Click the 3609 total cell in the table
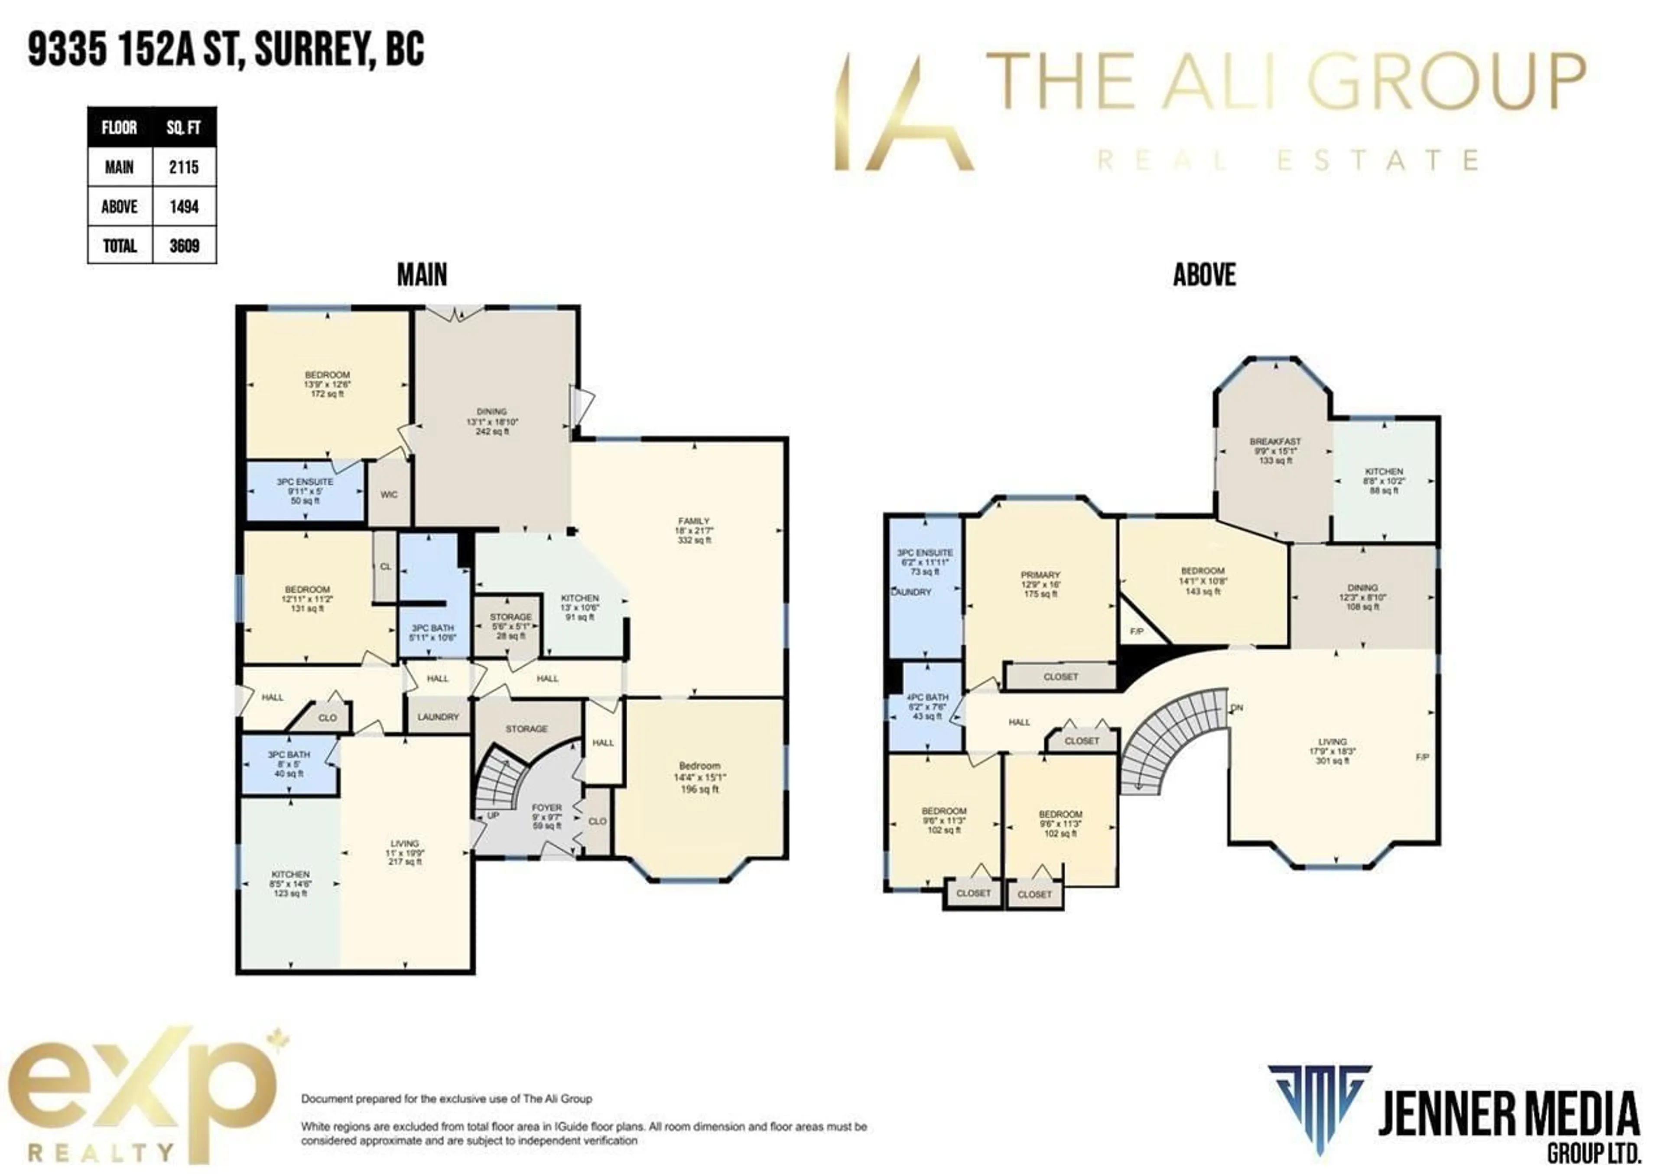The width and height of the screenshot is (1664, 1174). [x=184, y=246]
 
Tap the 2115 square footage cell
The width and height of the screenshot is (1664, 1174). [x=184, y=167]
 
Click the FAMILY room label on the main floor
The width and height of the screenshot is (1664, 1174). [x=694, y=521]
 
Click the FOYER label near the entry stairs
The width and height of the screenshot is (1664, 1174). [x=546, y=807]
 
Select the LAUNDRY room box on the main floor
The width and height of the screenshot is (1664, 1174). [x=438, y=717]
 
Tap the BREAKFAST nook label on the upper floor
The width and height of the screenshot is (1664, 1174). [x=1275, y=441]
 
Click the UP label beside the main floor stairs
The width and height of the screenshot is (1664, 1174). [x=493, y=815]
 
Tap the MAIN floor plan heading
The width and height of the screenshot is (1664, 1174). [x=422, y=275]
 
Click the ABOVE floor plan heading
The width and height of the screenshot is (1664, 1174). [x=1204, y=275]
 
